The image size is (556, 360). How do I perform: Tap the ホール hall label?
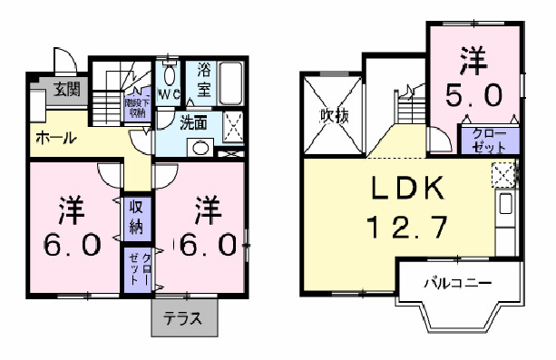point(55,139)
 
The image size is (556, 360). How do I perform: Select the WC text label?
point(170,92)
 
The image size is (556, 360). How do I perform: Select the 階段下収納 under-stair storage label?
point(137,108)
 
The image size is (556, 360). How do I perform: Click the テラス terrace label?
point(183,319)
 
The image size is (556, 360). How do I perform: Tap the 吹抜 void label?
point(333,117)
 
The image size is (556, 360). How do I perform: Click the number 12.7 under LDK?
point(407,227)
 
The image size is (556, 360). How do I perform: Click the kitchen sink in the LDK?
point(505,204)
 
